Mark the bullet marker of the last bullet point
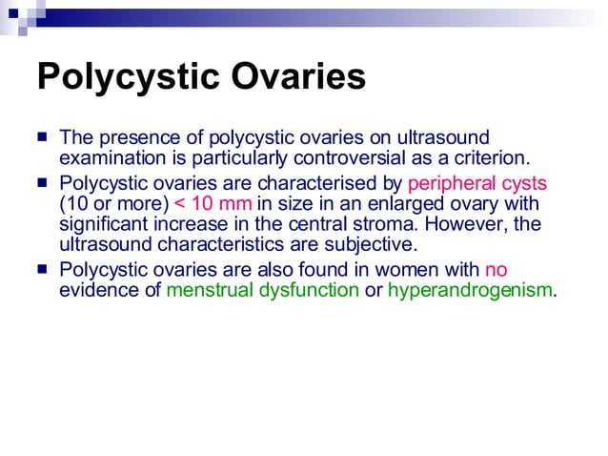tap(44, 269)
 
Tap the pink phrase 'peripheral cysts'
tap(476, 182)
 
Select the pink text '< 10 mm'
tap(213, 203)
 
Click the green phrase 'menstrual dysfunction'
tap(263, 290)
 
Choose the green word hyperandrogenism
tap(470, 290)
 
